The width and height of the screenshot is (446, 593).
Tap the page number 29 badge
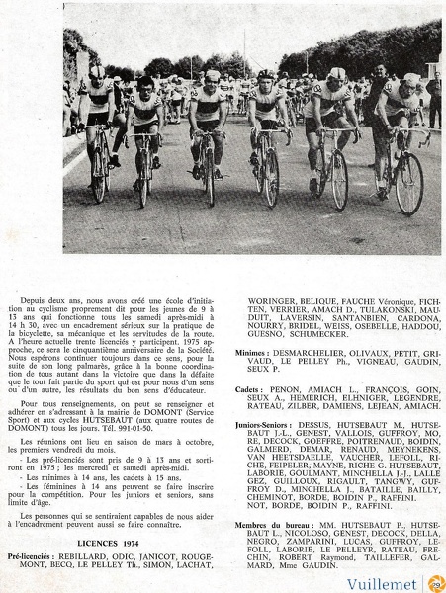[436, 583]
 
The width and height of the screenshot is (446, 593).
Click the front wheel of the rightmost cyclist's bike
[406, 183]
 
